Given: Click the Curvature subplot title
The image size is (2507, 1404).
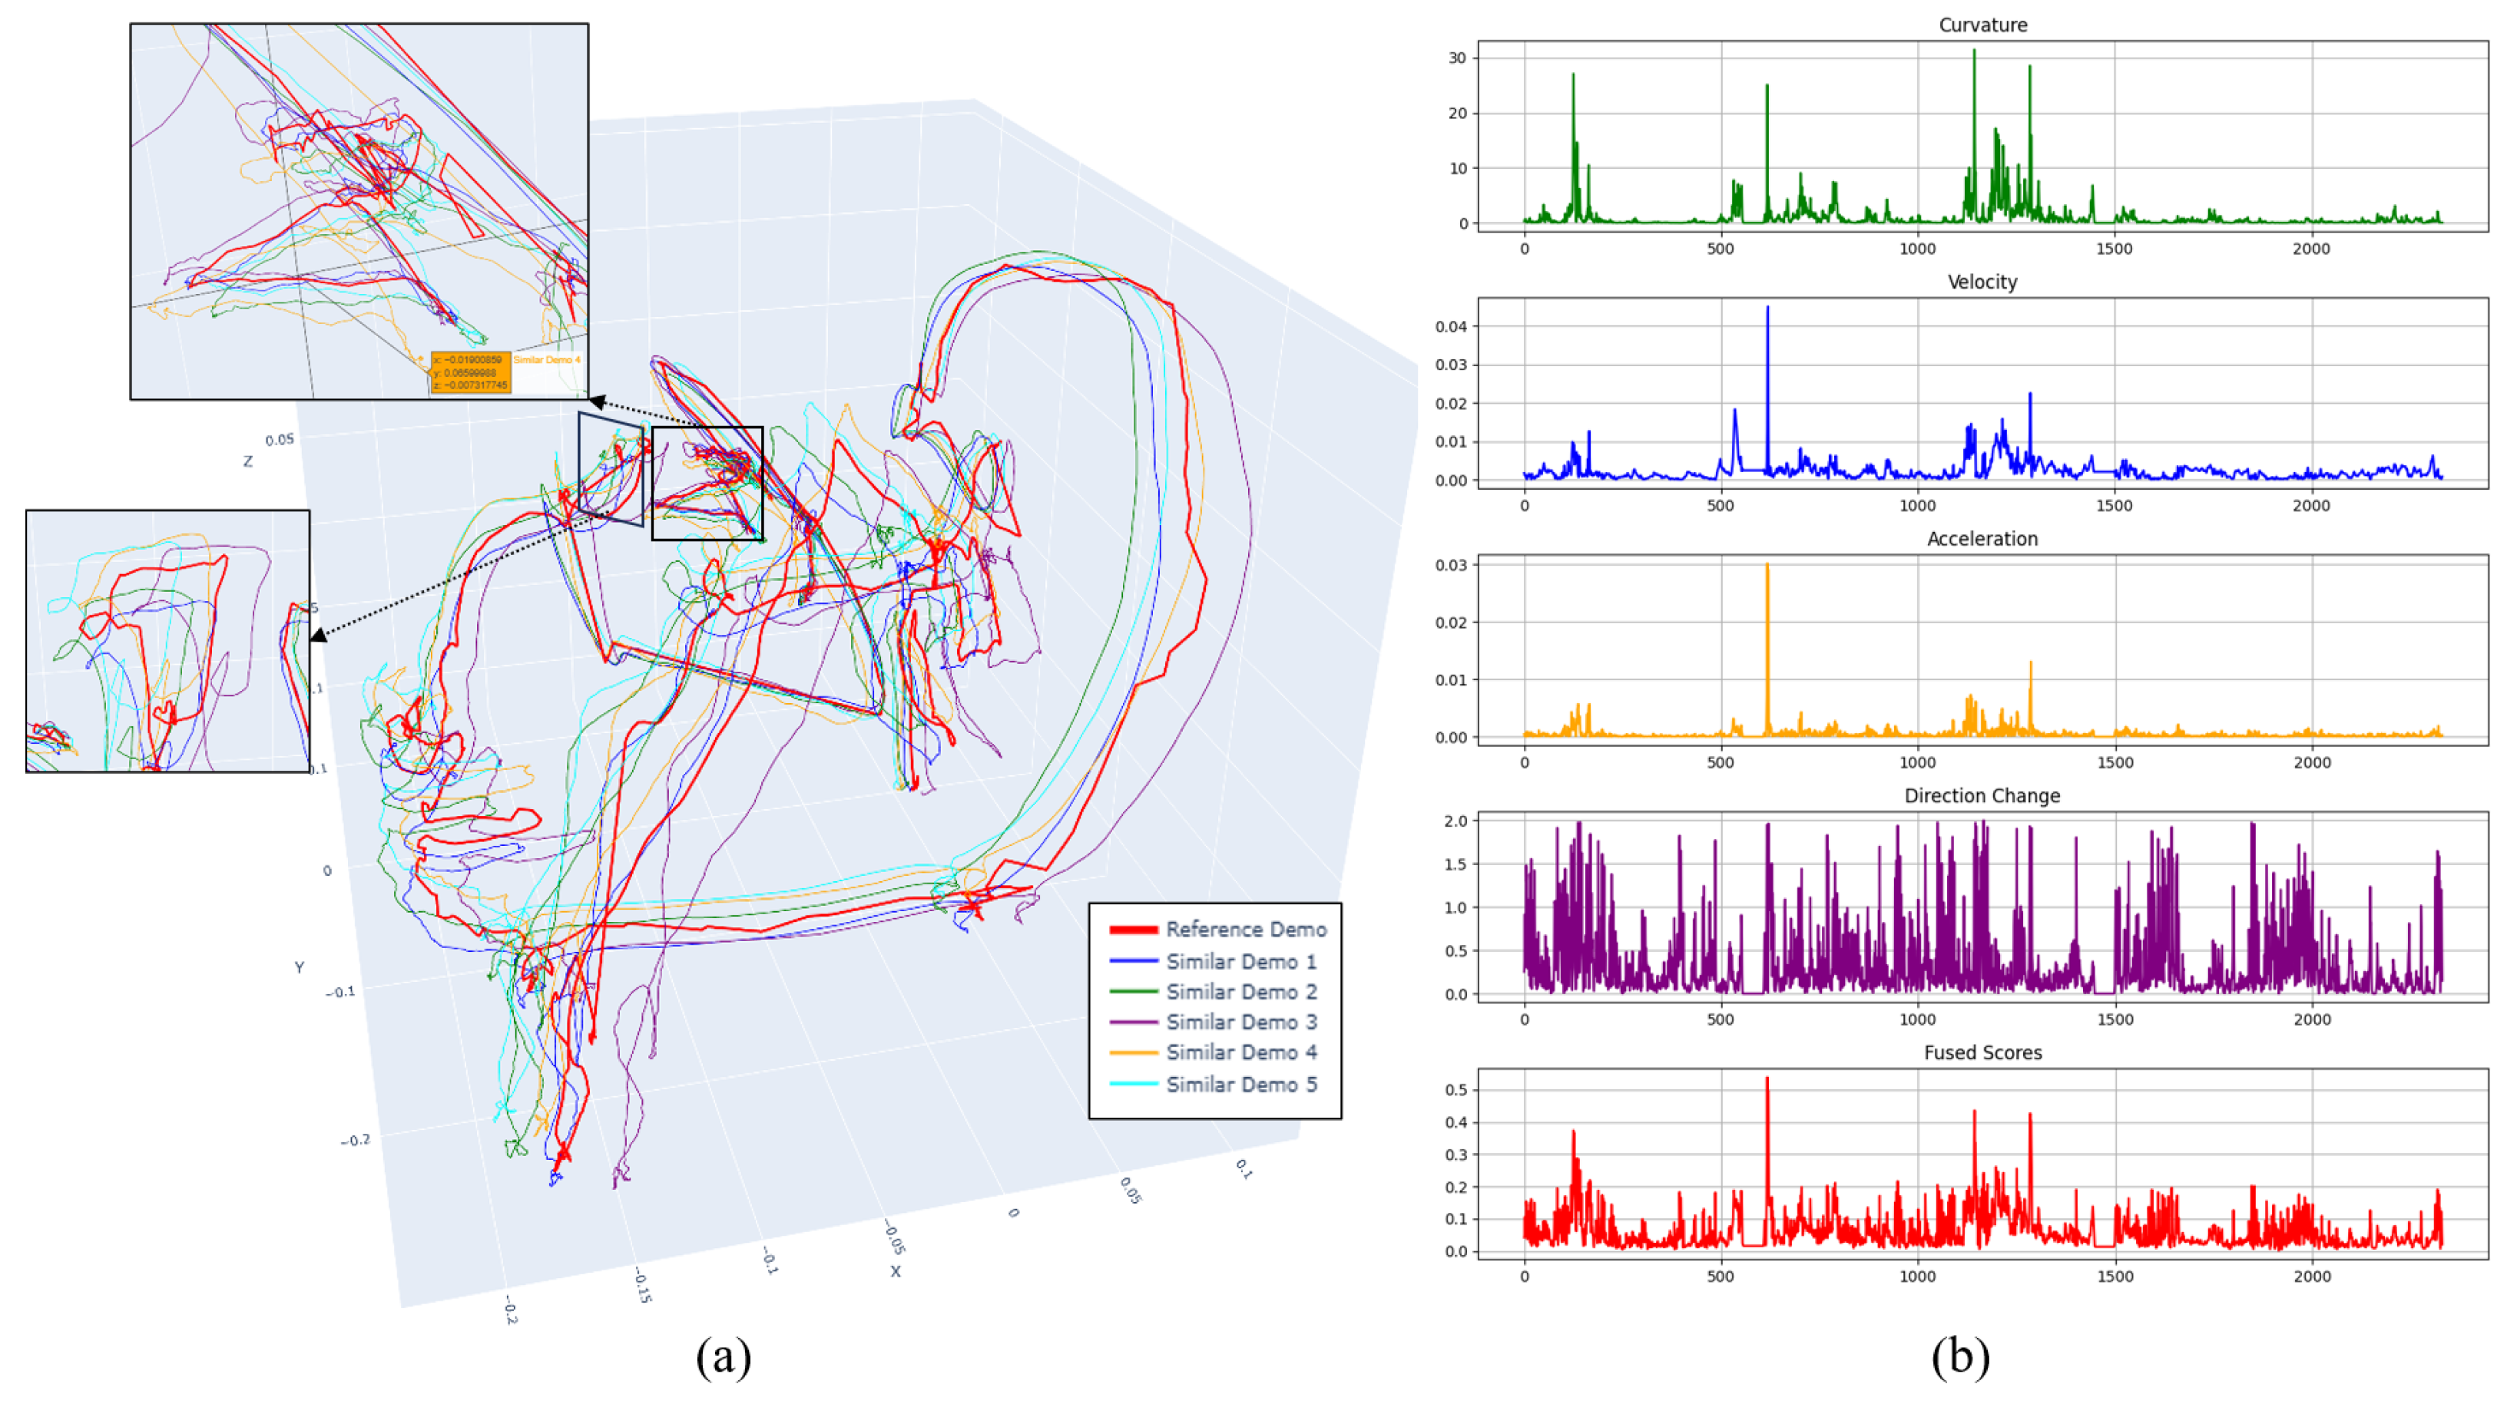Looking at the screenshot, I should (1982, 25).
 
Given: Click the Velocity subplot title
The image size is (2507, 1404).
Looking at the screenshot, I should (1982, 282).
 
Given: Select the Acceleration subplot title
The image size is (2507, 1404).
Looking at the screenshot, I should (1982, 539).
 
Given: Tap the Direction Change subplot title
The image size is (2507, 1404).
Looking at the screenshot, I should (1982, 796).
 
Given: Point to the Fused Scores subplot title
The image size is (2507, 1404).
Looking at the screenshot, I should (1982, 1052).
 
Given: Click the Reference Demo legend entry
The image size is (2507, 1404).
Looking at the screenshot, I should (1245, 929).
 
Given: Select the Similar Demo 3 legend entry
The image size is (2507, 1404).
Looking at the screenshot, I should (1241, 1022).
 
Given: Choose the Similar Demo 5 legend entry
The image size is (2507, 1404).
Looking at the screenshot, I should (1241, 1084).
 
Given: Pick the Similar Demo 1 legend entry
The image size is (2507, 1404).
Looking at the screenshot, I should (1241, 961).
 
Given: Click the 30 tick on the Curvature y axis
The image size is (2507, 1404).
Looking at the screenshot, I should (1457, 58).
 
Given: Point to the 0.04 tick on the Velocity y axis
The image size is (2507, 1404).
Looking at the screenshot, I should (1450, 327).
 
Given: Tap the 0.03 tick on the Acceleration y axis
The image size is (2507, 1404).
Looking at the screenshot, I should (1450, 565).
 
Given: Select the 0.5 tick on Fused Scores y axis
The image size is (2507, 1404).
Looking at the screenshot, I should (1456, 1090).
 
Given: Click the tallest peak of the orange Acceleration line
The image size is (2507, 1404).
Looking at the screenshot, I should (1767, 565).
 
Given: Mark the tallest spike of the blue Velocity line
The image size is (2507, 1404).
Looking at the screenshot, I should (1767, 309).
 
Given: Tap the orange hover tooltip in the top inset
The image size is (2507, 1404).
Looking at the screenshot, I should (470, 372).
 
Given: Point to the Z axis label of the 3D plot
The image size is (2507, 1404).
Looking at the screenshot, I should (247, 462).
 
